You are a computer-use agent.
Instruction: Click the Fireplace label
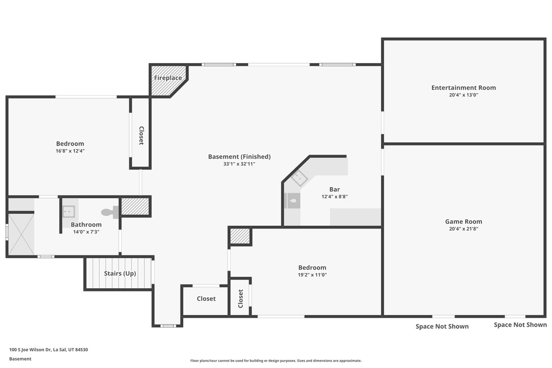tap(168, 78)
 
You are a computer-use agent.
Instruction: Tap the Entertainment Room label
tap(464, 88)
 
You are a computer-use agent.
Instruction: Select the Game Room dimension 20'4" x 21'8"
tap(464, 228)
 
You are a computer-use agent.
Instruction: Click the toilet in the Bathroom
tap(110, 212)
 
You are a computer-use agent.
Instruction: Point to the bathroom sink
tap(68, 212)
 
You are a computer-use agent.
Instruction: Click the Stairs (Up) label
tap(120, 273)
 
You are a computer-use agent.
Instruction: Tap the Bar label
tap(334, 189)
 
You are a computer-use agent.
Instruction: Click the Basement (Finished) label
tap(239, 157)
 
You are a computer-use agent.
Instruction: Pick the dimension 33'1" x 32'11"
tap(239, 164)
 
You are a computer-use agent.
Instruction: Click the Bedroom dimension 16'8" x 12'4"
tap(70, 151)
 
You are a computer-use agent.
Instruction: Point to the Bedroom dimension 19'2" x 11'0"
tap(312, 275)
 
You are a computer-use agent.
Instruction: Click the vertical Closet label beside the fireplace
tap(141, 135)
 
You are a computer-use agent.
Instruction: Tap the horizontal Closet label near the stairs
tap(206, 298)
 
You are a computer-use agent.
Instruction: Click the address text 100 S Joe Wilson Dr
tap(30, 350)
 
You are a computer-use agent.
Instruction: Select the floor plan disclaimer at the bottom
tap(276, 360)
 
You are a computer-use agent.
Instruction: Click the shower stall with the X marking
tap(21, 234)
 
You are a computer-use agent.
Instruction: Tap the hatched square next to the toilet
tap(135, 206)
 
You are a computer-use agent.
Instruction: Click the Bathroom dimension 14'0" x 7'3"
tap(86, 232)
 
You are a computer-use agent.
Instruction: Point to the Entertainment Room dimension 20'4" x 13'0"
tap(464, 95)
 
